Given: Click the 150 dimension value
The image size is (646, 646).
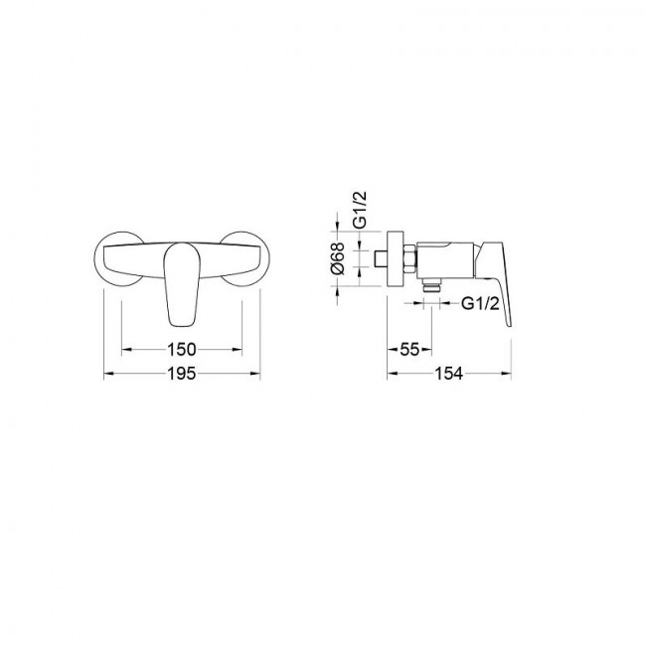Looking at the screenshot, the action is (x=182, y=350).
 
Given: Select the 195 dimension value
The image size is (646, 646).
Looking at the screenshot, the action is (x=182, y=374).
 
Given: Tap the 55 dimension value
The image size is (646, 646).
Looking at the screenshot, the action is (x=409, y=350).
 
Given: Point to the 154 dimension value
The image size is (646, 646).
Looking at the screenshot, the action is (x=449, y=374).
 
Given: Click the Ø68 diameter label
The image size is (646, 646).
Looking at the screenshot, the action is (x=338, y=258).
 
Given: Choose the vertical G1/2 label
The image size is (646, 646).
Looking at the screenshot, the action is (x=360, y=210).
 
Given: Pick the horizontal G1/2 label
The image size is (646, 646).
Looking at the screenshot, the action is (x=480, y=304).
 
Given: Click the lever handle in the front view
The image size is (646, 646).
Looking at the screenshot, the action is (x=182, y=284).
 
